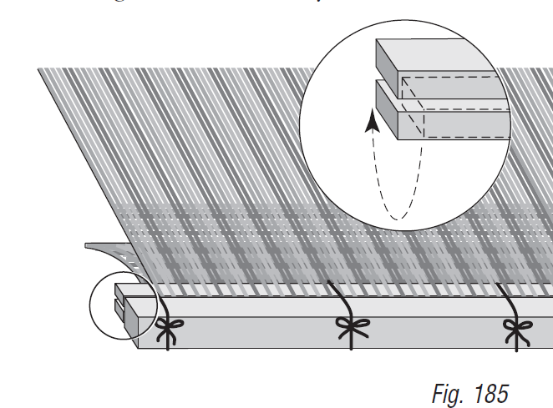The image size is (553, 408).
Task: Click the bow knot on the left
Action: pos(167,330)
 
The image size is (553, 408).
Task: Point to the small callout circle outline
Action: pos(89,309)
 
